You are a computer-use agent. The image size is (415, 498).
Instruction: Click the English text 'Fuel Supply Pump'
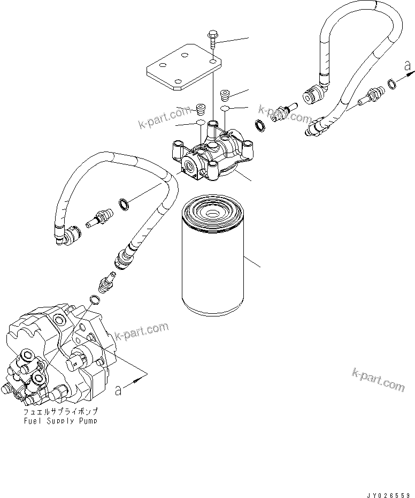(60, 421)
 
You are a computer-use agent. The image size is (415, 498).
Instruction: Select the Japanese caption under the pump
(60, 412)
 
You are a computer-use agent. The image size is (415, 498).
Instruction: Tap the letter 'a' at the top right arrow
(408, 66)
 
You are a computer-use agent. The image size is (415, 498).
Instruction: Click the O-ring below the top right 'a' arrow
(392, 83)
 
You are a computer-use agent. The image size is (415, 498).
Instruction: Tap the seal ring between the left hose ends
(122, 203)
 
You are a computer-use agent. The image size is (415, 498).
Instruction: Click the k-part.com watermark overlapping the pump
(141, 332)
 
